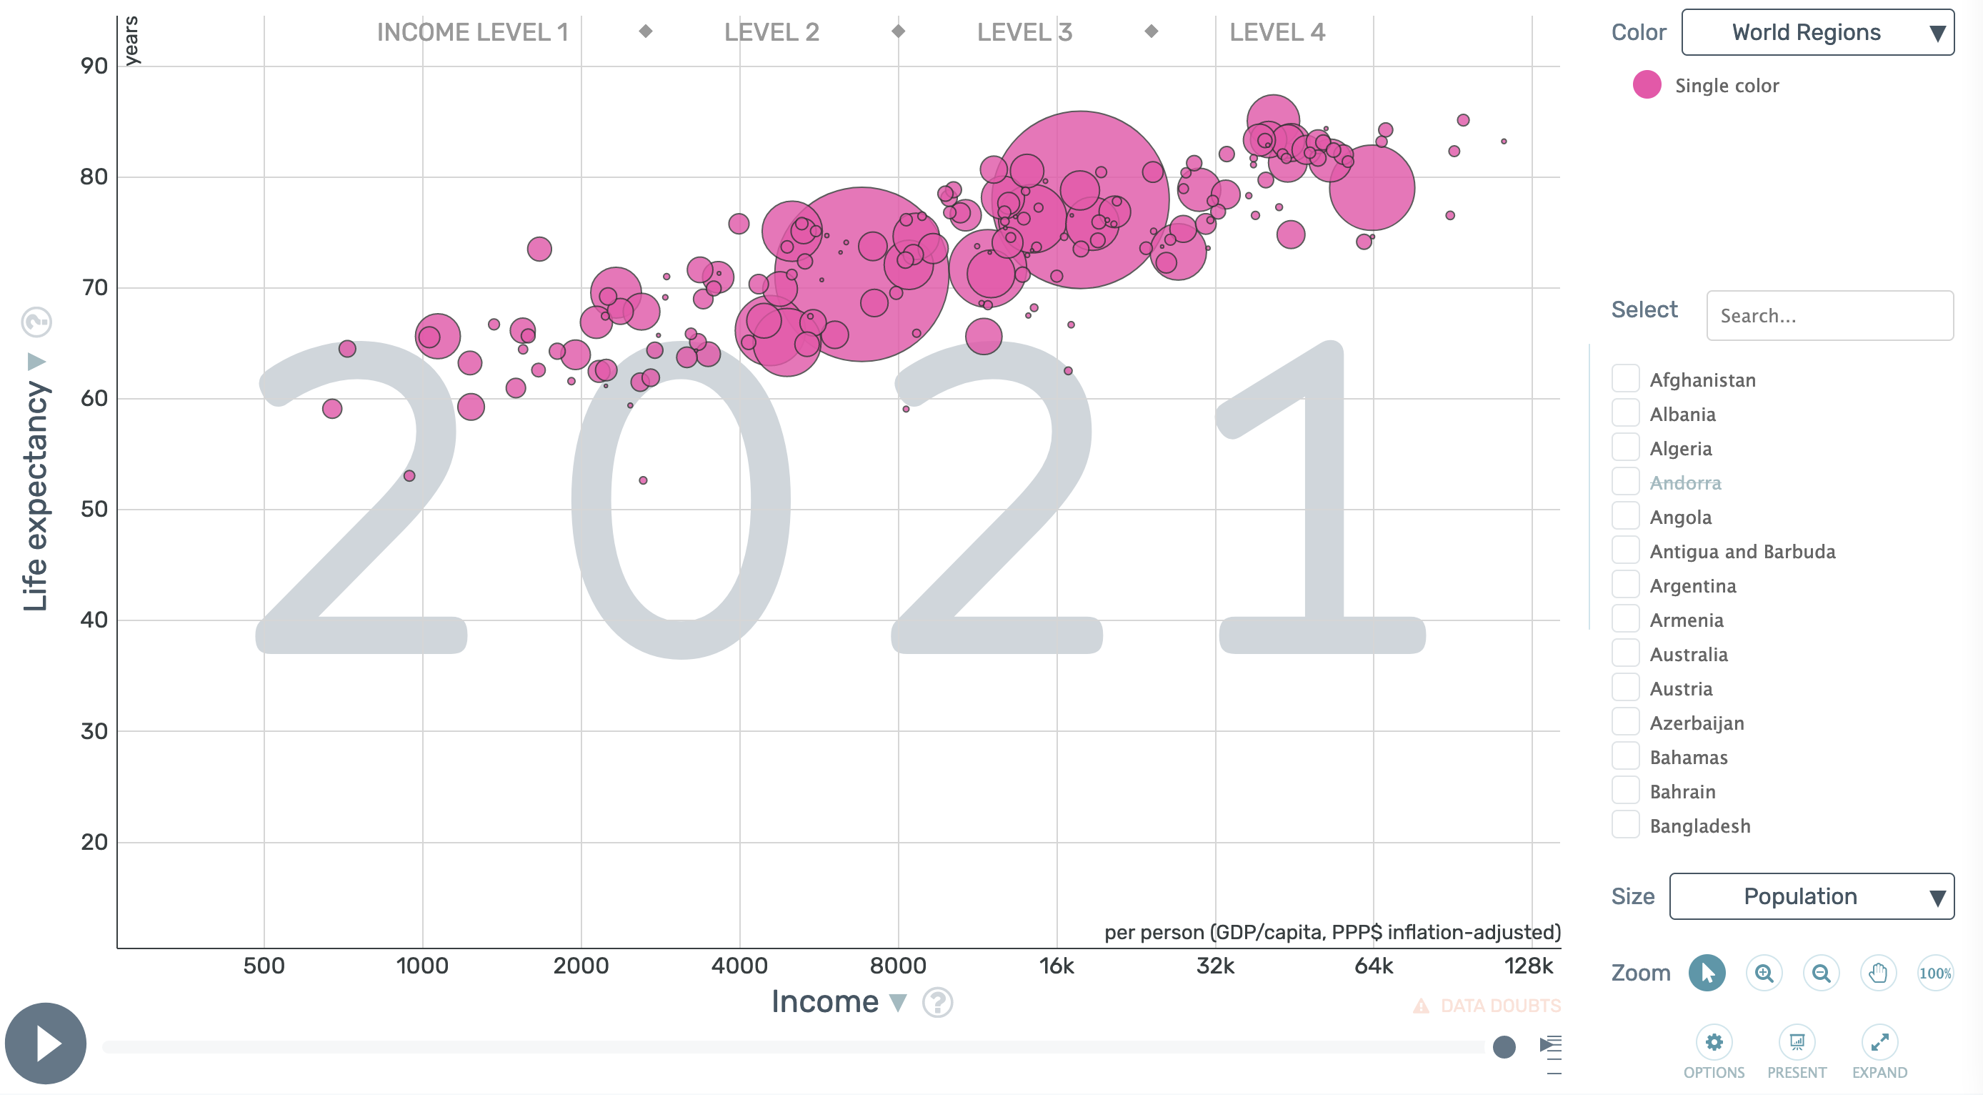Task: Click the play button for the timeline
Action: coord(46,1044)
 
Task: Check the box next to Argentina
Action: coord(1625,585)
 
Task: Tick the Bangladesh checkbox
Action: coord(1625,826)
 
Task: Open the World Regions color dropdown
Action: coord(1817,32)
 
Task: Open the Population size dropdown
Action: coord(1811,896)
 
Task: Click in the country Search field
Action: coord(1829,316)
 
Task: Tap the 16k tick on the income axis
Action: coord(1057,966)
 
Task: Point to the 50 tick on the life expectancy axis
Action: coord(94,509)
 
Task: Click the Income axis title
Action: coord(825,1002)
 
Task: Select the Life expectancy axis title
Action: coord(36,497)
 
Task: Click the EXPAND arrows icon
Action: coord(1879,1043)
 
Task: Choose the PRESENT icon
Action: coord(1796,1043)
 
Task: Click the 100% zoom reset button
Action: coord(1934,973)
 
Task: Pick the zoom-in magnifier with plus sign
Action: coord(1764,973)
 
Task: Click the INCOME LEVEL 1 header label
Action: coord(472,32)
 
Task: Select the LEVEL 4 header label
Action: coord(1277,32)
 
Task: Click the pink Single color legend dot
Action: coord(1647,85)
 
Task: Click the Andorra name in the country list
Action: coord(1685,483)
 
